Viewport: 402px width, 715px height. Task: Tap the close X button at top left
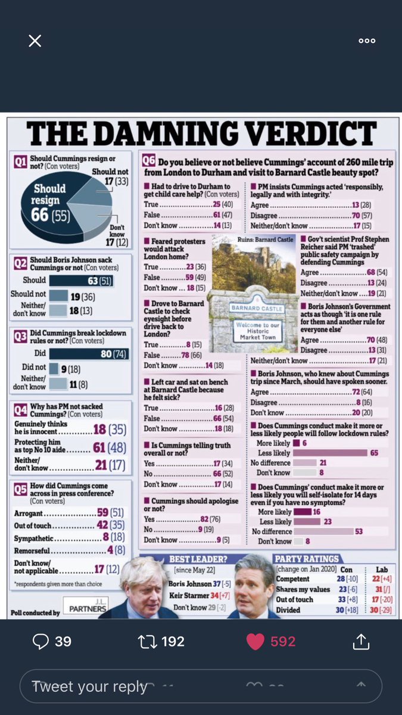pos(35,41)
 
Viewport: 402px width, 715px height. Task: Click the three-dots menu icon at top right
pos(367,41)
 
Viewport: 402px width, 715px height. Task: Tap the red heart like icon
pos(255,641)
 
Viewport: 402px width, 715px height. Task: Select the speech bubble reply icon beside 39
pos(40,641)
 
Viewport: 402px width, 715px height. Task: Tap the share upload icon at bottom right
pos(361,641)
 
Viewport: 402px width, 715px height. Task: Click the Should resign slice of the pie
pos(51,203)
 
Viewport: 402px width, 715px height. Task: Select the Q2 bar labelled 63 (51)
pos(81,280)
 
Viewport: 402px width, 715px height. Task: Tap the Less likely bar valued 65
pos(331,453)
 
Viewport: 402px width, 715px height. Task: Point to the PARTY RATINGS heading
pos(306,558)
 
